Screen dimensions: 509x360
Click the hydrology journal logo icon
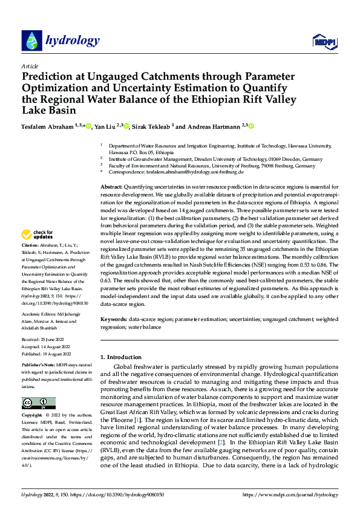tap(31, 41)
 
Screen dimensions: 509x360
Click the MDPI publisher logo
tap(322, 41)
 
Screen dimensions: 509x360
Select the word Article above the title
tap(29, 66)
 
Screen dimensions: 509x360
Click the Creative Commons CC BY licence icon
tap(38, 403)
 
